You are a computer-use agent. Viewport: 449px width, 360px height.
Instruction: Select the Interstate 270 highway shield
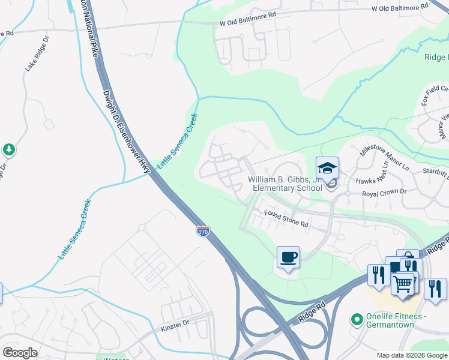tap(203, 230)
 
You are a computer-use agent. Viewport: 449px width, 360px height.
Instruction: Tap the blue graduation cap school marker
tap(328, 169)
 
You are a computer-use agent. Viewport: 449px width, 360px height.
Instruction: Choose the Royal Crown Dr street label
tap(384, 193)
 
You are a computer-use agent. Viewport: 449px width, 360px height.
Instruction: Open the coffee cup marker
tap(288, 258)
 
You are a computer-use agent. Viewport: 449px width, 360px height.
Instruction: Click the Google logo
tap(20, 353)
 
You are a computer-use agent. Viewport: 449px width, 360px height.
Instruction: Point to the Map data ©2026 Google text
tap(411, 355)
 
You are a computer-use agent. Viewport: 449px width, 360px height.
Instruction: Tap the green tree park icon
tap(8, 149)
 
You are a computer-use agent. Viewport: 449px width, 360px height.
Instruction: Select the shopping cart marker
tap(403, 283)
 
